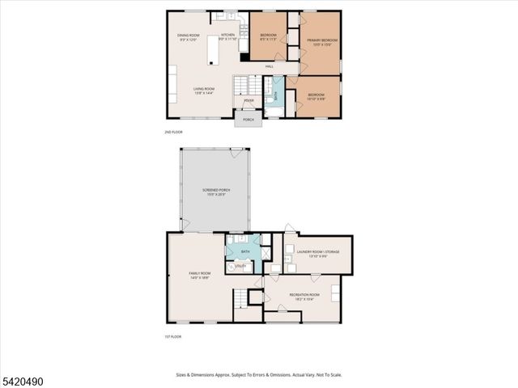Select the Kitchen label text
[x=228, y=35]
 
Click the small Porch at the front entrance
[x=248, y=120]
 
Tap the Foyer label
[x=248, y=100]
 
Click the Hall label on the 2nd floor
[x=269, y=65]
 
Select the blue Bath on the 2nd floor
[x=274, y=95]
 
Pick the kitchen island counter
[x=214, y=49]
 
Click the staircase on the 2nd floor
[x=248, y=85]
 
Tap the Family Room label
[x=199, y=275]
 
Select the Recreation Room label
[x=304, y=295]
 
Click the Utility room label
[x=240, y=266]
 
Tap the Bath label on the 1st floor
[x=245, y=252]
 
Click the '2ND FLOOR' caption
[x=173, y=131]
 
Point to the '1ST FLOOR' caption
[x=173, y=336]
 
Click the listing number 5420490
[x=28, y=377]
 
